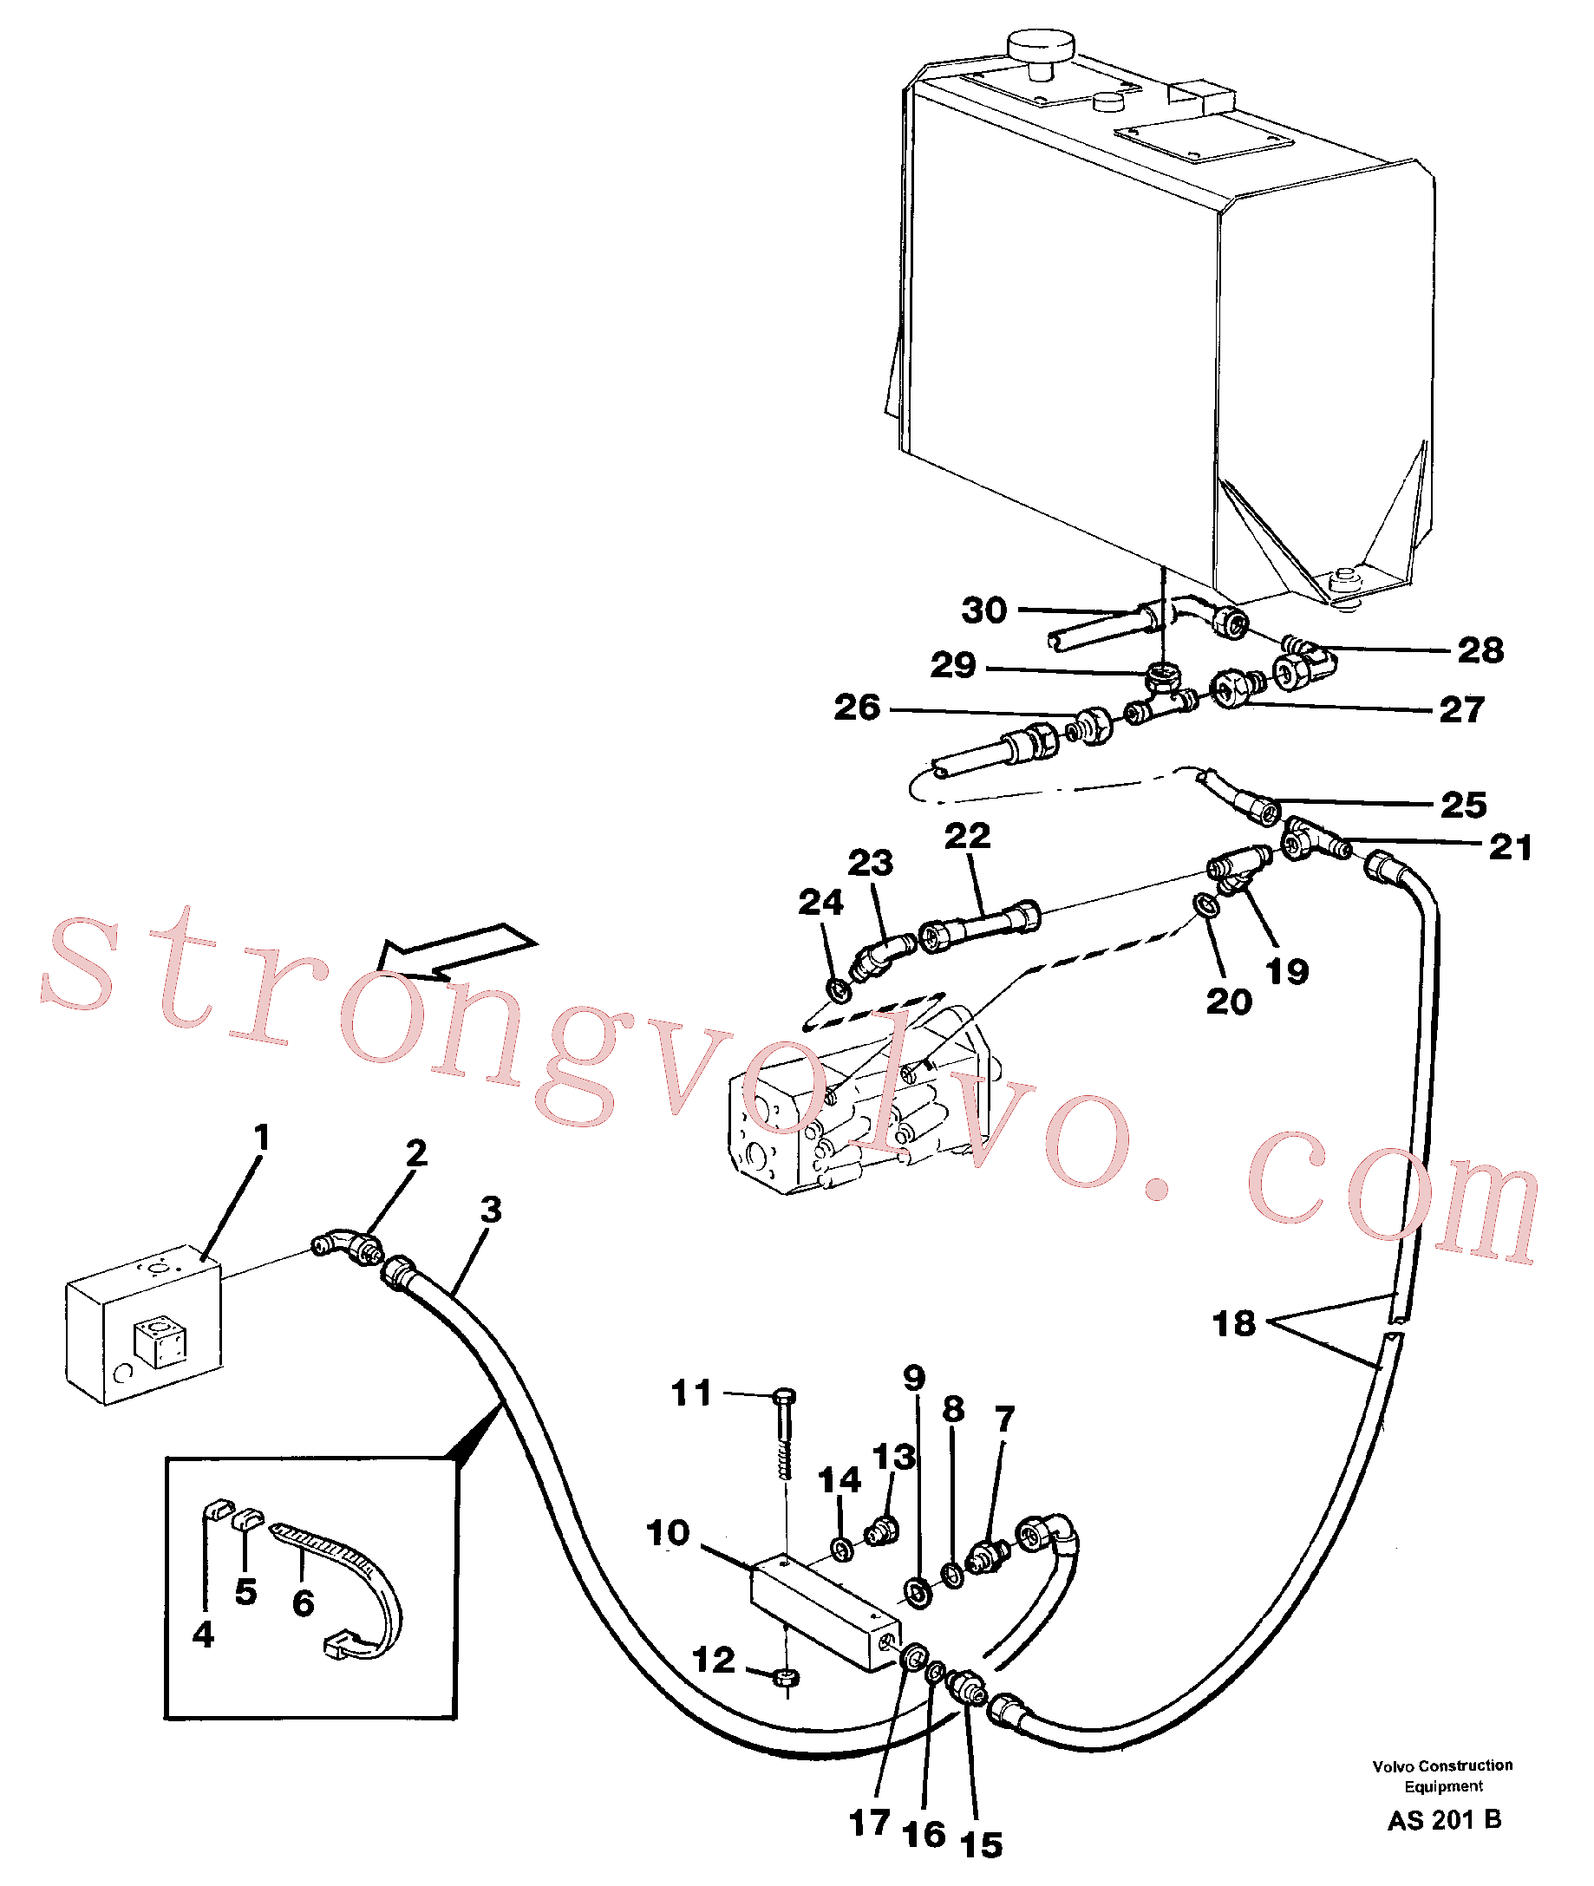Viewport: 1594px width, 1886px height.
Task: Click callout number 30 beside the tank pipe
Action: [x=984, y=610]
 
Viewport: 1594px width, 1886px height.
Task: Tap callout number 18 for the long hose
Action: [x=1233, y=1323]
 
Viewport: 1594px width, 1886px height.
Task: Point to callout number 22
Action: [x=968, y=836]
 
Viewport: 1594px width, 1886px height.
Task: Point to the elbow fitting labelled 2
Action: [x=346, y=1247]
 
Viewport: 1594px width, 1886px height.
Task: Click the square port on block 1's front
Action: [x=160, y=1344]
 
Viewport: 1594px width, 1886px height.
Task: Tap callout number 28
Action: [x=1480, y=650]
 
